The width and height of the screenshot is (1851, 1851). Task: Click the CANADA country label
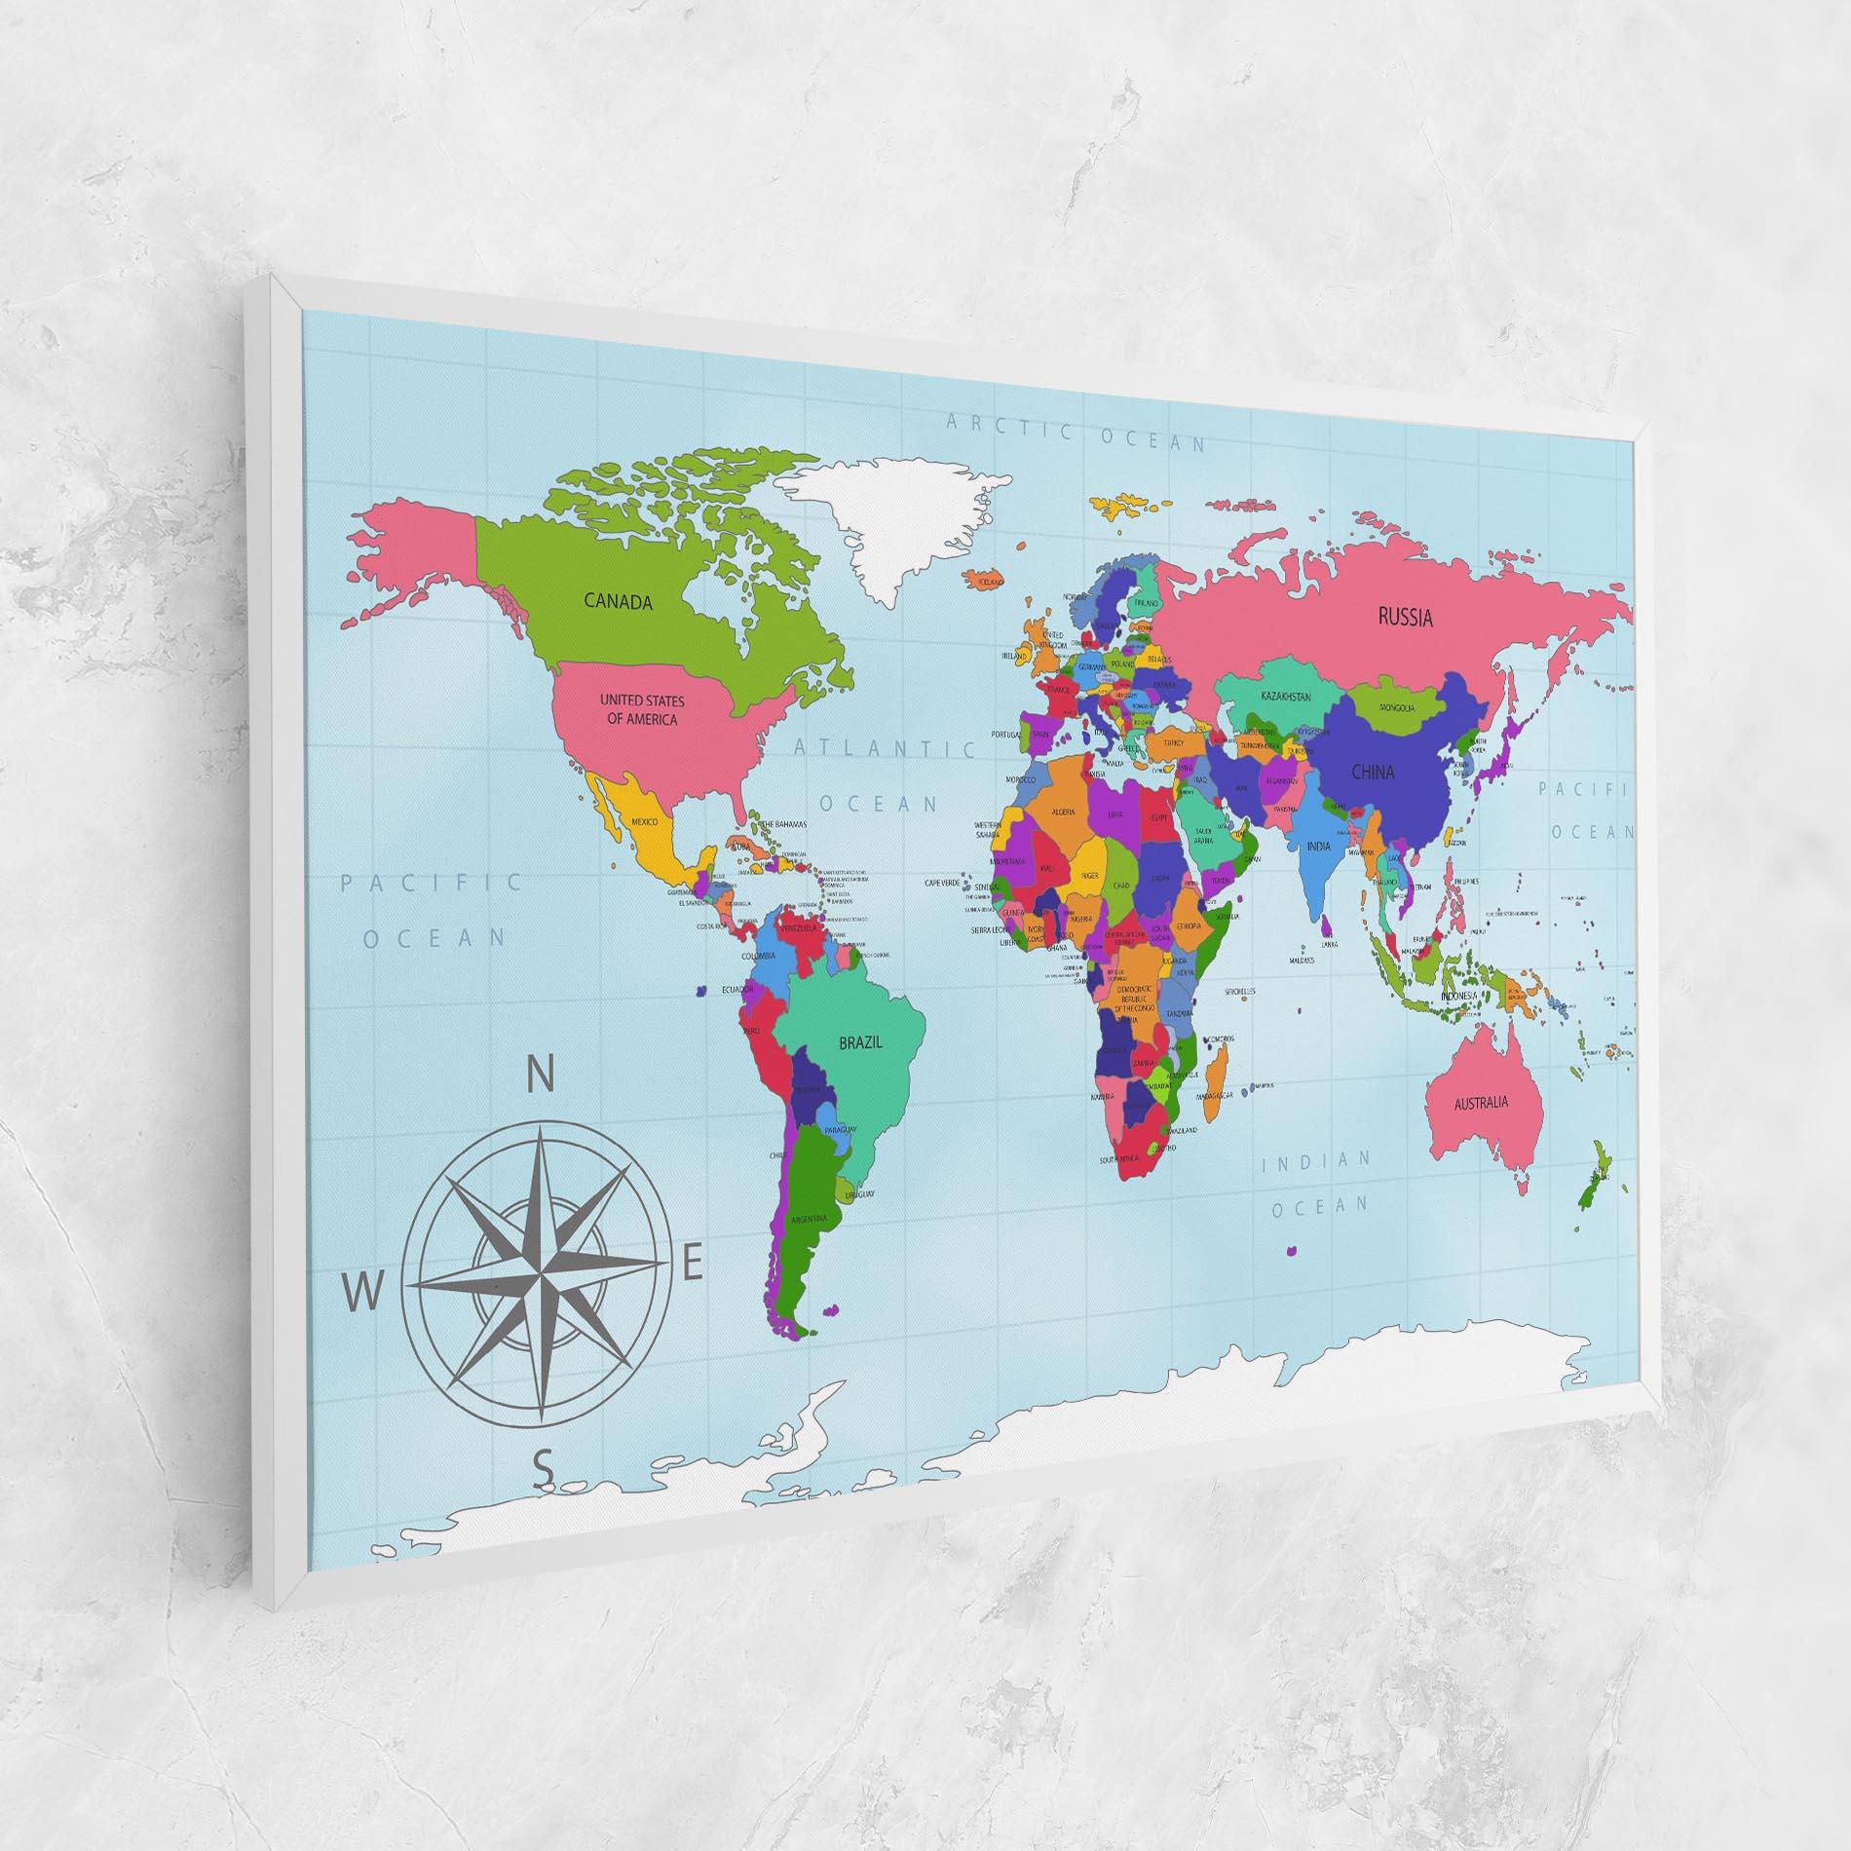coord(618,601)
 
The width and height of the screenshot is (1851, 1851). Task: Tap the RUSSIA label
coord(1405,616)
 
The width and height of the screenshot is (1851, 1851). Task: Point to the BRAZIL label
coord(860,1042)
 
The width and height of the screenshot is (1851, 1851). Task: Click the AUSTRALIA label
coord(1481,1104)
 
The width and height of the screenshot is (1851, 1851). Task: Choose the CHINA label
coord(1372,773)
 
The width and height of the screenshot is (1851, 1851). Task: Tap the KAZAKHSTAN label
coord(1285,697)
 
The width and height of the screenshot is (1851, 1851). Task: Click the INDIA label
coord(1318,847)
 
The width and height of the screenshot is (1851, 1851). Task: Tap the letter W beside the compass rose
coord(361,1295)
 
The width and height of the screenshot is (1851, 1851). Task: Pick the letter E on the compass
coord(692,1265)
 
